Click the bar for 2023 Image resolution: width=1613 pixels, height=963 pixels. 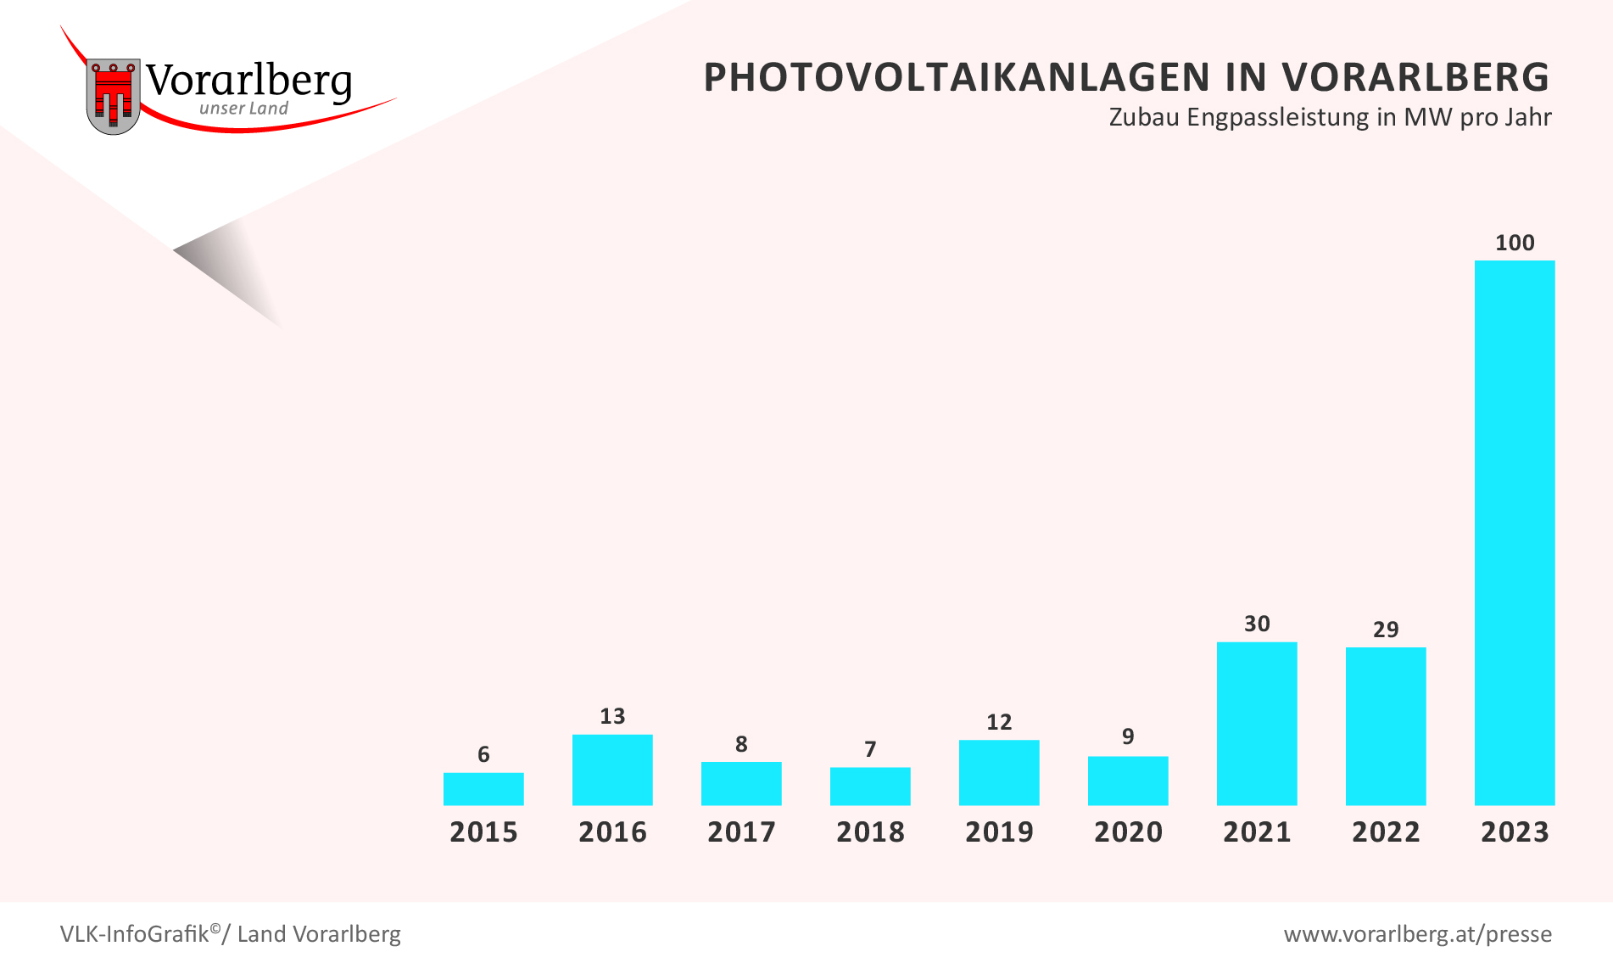(1514, 532)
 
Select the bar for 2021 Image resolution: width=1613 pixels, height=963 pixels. (1256, 723)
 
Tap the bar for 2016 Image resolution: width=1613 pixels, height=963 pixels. (611, 770)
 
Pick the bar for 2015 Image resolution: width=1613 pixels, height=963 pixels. (483, 788)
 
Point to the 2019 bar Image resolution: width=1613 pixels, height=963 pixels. (998, 772)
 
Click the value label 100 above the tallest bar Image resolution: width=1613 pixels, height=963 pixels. (1515, 243)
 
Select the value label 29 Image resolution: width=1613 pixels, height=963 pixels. (1385, 630)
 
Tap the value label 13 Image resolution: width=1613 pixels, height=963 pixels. (611, 716)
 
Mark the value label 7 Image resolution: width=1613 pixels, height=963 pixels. (869, 749)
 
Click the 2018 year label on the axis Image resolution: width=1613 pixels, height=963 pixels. (870, 831)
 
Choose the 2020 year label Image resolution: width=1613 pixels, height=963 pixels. (1128, 831)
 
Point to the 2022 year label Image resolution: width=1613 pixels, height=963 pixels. (1386, 831)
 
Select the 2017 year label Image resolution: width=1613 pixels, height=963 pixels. (741, 831)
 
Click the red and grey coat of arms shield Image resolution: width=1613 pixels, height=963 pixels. (113, 96)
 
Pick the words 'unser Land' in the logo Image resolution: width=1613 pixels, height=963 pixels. (243, 109)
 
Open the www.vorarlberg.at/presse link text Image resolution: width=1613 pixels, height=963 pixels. (1417, 934)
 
